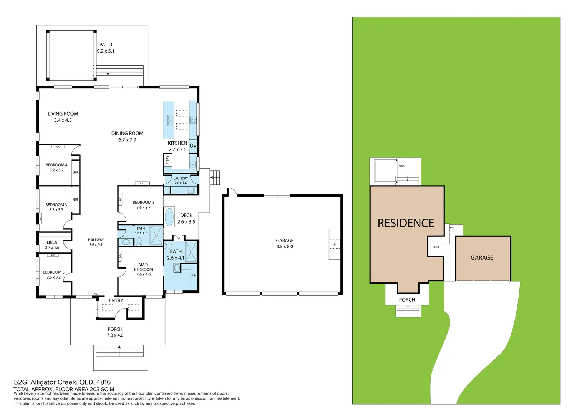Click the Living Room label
63,114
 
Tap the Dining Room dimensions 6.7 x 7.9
127,140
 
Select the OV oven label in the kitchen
193,146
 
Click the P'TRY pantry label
168,160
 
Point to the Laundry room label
181,178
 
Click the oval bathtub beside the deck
169,217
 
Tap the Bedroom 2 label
143,202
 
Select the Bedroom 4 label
56,165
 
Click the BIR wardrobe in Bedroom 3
75,199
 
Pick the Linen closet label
52,242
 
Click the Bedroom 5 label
53,272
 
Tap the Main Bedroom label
143,267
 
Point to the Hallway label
96,240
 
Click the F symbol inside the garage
334,244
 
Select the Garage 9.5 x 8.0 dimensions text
285,247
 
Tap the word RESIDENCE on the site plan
406,223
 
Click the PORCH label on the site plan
407,300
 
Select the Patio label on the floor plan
106,45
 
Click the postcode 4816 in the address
103,382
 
